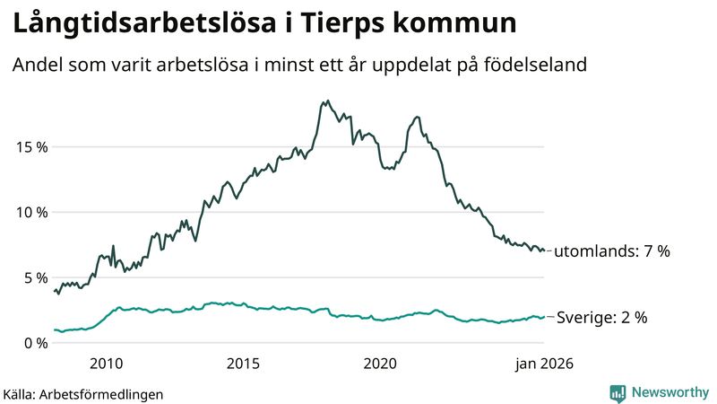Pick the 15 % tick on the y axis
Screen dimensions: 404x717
coord(30,146)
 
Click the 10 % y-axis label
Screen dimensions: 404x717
coord(30,212)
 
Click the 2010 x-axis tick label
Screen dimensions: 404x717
coord(106,364)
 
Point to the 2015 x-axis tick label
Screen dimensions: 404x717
coord(243,364)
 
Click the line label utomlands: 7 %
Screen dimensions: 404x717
coord(612,251)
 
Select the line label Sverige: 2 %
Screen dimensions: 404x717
coord(602,317)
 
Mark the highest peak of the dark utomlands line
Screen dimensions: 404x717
coord(327,101)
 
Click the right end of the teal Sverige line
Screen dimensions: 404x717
coord(544,316)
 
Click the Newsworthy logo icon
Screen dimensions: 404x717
coord(618,392)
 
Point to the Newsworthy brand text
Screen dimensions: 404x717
coord(668,392)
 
